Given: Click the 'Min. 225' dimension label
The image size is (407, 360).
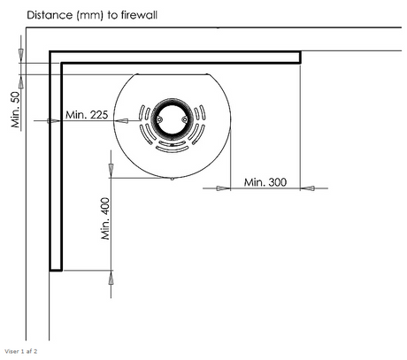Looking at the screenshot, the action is [x=87, y=115].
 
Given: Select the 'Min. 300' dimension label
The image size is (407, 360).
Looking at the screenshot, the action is [x=265, y=182].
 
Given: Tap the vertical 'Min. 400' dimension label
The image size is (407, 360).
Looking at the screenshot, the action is [x=105, y=218].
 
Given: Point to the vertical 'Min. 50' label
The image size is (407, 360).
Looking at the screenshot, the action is [x=16, y=110].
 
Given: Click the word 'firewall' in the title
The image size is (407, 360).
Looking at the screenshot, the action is [x=140, y=15].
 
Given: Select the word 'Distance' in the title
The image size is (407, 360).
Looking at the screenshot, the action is [x=50, y=15].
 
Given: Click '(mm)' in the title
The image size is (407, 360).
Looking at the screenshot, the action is [x=90, y=15].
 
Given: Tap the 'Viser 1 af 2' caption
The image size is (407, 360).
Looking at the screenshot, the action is [x=21, y=351].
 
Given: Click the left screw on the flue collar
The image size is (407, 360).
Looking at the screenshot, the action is [x=159, y=119].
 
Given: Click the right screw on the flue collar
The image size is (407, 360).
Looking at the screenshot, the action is [x=185, y=119].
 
